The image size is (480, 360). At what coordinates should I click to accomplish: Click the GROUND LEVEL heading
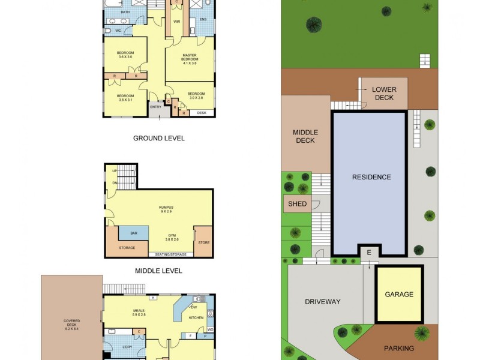coord(158,138)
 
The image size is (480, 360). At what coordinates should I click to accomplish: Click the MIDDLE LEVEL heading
coord(158,271)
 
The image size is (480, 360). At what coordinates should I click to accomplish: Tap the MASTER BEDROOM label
coord(190,58)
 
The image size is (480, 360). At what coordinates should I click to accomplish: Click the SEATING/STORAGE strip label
coord(171,254)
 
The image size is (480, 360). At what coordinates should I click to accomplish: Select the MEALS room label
coord(139,311)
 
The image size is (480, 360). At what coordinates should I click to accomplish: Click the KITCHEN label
coord(197,317)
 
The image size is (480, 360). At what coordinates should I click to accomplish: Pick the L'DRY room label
coord(127,347)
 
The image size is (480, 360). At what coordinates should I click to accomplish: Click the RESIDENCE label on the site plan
coord(371,177)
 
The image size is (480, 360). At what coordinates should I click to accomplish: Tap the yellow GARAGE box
coord(399,294)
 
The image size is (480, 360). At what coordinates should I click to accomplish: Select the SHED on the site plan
coord(297,204)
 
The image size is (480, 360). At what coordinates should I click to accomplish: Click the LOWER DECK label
coord(384,94)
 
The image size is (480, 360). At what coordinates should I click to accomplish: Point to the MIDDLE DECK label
coord(305,137)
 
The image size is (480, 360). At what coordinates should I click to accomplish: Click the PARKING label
coord(399,348)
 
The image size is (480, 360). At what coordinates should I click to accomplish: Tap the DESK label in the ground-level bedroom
coord(202,113)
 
